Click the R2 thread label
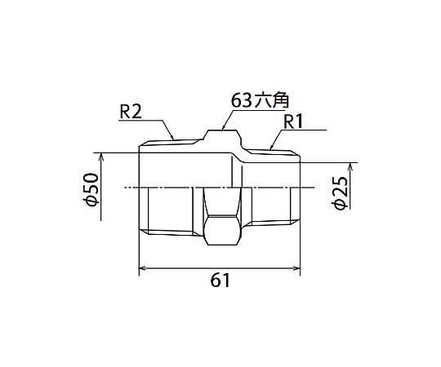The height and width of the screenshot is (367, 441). pyautogui.click(x=131, y=113)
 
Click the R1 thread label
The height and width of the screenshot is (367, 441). pyautogui.click(x=293, y=122)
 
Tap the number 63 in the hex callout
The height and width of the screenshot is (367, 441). pyautogui.click(x=241, y=100)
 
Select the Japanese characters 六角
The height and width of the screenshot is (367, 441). pyautogui.click(x=271, y=100)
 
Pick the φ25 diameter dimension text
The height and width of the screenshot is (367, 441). pyautogui.click(x=341, y=193)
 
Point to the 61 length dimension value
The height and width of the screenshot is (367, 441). pyautogui.click(x=220, y=281)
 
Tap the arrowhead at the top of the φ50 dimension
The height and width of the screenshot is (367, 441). pyautogui.click(x=101, y=157)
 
